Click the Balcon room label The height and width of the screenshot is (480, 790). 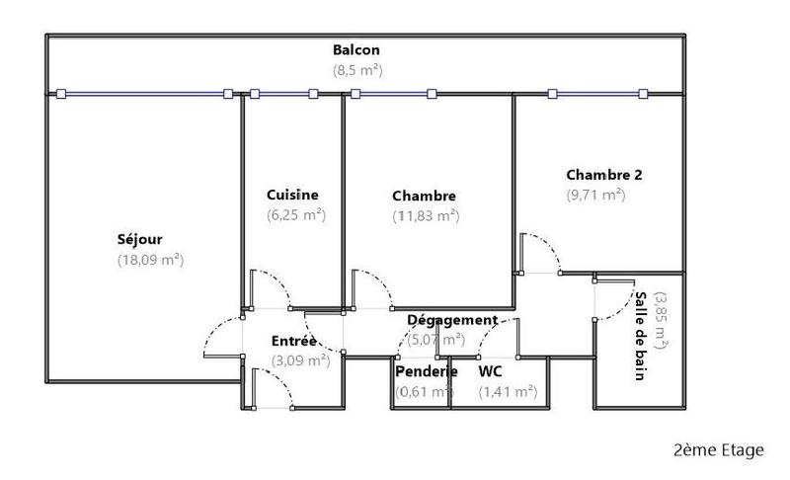pyautogui.click(x=356, y=50)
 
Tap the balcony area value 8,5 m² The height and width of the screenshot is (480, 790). pyautogui.click(x=356, y=70)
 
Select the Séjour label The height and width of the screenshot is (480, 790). pyautogui.click(x=140, y=239)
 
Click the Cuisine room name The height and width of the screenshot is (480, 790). pyautogui.click(x=293, y=195)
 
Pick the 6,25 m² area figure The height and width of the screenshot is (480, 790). pyautogui.click(x=295, y=214)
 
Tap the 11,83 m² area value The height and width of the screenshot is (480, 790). pyautogui.click(x=426, y=215)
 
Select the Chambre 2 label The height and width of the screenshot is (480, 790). pyautogui.click(x=603, y=175)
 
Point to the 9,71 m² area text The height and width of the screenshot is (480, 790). pyautogui.click(x=595, y=196)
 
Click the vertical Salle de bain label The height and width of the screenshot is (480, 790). pyautogui.click(x=641, y=336)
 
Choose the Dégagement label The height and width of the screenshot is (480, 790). pyautogui.click(x=452, y=320)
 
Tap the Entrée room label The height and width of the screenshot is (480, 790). pyautogui.click(x=294, y=342)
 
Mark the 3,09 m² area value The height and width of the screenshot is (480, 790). pyautogui.click(x=299, y=360)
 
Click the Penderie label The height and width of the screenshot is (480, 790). pyautogui.click(x=426, y=371)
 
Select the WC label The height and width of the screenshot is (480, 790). pyautogui.click(x=491, y=371)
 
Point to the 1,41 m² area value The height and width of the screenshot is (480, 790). pyautogui.click(x=508, y=392)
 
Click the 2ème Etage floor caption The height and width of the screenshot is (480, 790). pyautogui.click(x=718, y=450)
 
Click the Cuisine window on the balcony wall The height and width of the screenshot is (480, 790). pyautogui.click(x=283, y=95)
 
